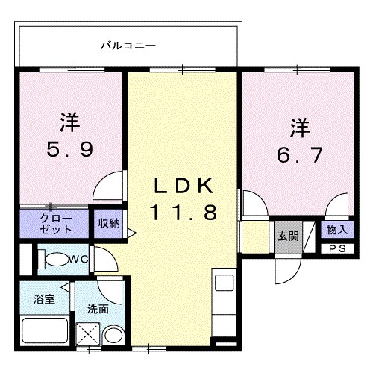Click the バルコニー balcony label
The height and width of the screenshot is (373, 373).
tap(128, 46)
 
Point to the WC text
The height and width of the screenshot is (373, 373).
tap(80, 260)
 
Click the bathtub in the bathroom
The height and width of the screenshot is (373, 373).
tap(43, 330)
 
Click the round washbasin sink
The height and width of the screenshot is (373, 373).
tap(113, 336)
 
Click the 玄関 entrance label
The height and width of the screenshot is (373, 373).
tap(288, 236)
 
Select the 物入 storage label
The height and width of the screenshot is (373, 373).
tap(333, 230)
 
